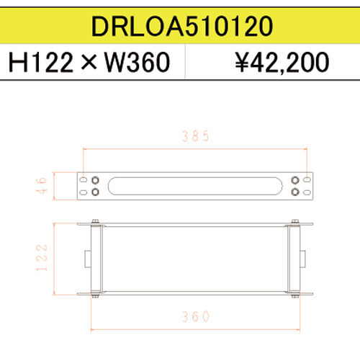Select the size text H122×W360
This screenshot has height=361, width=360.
click(89, 64)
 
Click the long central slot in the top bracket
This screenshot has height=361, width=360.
click(194, 187)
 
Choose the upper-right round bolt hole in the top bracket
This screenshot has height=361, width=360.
click(294, 180)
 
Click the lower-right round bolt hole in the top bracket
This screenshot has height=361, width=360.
click(294, 192)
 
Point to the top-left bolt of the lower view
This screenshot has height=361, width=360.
click(94, 222)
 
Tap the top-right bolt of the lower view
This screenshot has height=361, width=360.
click(294, 222)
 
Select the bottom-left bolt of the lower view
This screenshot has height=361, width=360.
click(94, 294)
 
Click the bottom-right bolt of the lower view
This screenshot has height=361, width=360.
click(294, 294)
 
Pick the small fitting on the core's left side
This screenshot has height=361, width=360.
click(86, 257)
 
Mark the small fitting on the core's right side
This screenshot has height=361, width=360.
click(304, 257)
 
